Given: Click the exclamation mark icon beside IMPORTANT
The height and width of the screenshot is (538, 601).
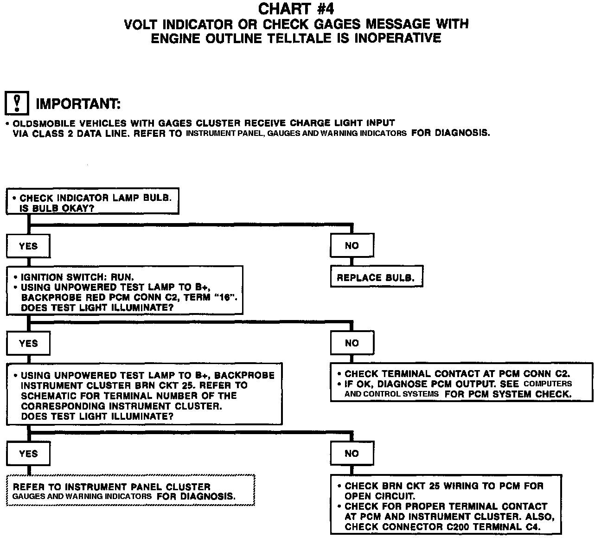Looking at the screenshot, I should coord(17,103).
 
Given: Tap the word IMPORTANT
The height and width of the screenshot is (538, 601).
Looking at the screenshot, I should coord(78,104).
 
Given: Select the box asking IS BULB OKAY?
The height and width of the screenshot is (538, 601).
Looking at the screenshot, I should coord(92,202).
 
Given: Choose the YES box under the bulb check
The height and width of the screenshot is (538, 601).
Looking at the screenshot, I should coord(28,246).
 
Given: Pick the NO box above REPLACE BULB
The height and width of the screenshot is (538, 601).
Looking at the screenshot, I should coord(352,246).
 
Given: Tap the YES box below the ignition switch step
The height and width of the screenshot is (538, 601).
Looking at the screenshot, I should coord(28,343).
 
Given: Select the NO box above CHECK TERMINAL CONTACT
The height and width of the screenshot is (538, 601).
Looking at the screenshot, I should coord(352,343).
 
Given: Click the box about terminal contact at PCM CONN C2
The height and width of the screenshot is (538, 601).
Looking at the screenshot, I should coord(461,383).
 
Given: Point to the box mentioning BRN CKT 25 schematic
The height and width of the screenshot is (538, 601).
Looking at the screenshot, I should coord(144,395).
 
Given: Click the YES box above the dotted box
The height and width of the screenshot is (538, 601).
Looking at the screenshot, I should coord(28,454).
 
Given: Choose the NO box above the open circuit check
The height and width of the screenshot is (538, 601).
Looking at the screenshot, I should coord(352,454).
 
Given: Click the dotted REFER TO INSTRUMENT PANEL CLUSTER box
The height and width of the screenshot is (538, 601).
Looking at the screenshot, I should coord(130,491).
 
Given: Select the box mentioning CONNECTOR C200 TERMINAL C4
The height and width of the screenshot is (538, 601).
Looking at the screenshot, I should coord(446,506).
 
